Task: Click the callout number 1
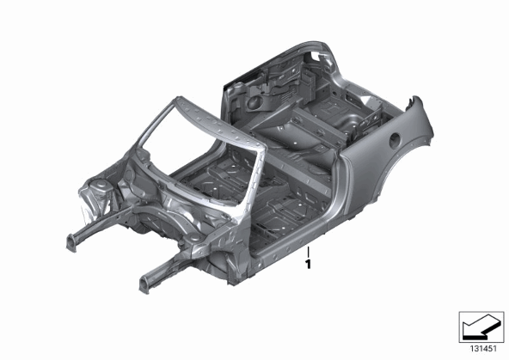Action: click(x=308, y=264)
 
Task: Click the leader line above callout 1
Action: click(x=308, y=252)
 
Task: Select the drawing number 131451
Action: click(x=484, y=349)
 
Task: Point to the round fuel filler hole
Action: click(x=396, y=141)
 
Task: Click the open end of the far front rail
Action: click(x=71, y=243)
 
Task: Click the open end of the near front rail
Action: click(x=144, y=284)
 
